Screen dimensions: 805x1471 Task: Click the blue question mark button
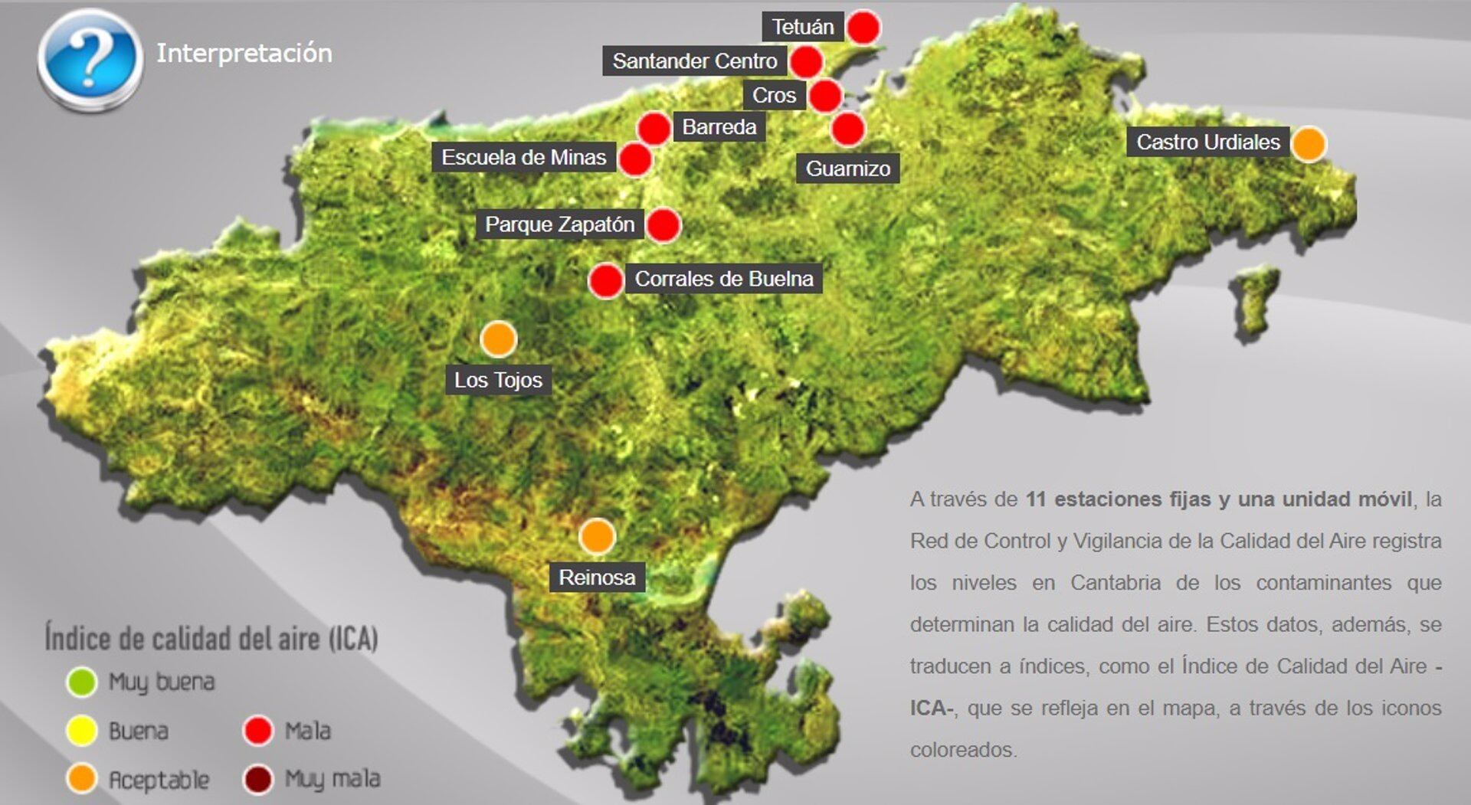click(x=90, y=59)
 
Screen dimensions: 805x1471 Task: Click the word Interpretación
click(x=244, y=53)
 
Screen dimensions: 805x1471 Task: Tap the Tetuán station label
click(x=802, y=27)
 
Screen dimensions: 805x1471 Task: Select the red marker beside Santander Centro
click(x=806, y=61)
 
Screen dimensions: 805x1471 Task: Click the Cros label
click(x=774, y=95)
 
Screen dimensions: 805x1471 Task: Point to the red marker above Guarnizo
click(x=848, y=129)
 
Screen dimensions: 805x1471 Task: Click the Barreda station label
click(x=719, y=126)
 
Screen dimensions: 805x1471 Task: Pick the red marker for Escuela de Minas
click(x=635, y=159)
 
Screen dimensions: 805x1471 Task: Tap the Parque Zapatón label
click(x=559, y=224)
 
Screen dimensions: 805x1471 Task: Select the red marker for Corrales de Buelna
click(x=606, y=280)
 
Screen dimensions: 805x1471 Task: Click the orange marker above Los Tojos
click(x=499, y=339)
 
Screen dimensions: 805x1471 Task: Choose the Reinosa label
click(x=597, y=577)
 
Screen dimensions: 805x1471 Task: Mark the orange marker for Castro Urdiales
click(x=1309, y=143)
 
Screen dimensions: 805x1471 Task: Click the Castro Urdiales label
click(x=1207, y=142)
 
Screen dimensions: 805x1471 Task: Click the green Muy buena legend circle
click(x=82, y=682)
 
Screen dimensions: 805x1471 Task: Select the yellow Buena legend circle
click(x=82, y=731)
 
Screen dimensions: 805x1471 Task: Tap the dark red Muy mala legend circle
click(x=258, y=780)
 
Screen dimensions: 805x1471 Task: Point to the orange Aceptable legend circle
click(x=82, y=778)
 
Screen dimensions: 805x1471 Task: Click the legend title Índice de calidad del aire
click(x=211, y=638)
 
